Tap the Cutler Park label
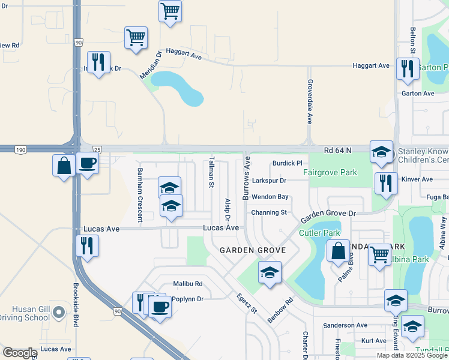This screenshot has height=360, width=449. click(x=319, y=233)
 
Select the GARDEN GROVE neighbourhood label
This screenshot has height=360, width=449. click(x=252, y=250)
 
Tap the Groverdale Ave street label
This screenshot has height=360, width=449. click(x=310, y=101)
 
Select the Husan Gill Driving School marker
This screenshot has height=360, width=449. click(x=58, y=312)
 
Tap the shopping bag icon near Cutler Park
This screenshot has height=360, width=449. click(x=338, y=249)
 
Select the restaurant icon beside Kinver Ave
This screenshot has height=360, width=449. click(x=386, y=182)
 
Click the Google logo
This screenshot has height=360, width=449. click(x=20, y=353)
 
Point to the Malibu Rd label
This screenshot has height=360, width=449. click(x=188, y=283)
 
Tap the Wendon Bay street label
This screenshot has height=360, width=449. click(x=270, y=197)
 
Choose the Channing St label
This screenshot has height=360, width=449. click(x=269, y=212)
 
